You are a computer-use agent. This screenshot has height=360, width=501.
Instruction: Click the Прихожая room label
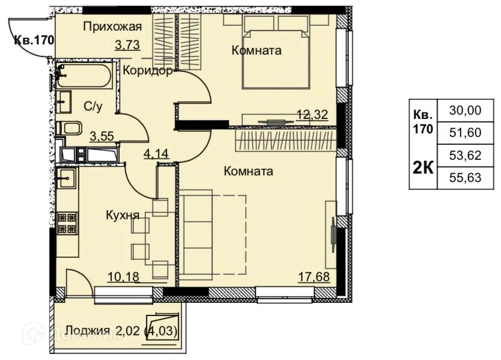[112, 26]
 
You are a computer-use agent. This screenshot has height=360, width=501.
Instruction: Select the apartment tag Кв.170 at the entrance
[34, 41]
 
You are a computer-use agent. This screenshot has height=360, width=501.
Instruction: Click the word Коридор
[148, 71]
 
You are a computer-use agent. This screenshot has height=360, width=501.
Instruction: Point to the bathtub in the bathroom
[83, 77]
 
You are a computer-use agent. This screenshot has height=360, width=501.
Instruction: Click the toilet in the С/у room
[72, 129]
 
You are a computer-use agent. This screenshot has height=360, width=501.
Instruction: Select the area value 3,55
[102, 136]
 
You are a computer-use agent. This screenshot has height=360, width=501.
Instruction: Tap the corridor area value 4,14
[155, 153]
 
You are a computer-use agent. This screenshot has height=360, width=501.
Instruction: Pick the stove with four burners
[67, 223]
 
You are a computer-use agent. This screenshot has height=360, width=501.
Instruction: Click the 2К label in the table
[423, 167]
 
